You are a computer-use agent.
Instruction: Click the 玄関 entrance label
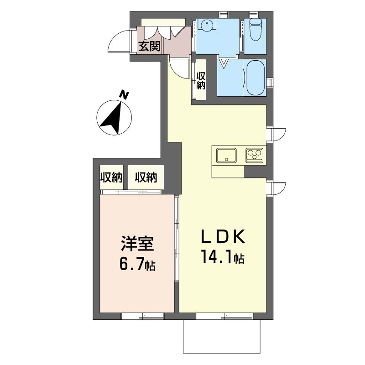[149, 47]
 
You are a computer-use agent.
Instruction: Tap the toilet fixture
[255, 30]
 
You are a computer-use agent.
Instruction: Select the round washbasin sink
[206, 25]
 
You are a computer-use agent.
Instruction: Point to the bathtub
[255, 78]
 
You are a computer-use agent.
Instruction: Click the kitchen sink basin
[226, 156]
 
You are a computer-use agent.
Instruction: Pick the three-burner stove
[255, 155]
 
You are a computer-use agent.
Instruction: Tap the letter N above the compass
[124, 95]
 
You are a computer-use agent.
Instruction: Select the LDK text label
[223, 236]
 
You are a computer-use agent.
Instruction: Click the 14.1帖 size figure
[223, 256]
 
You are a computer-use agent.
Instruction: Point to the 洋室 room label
[137, 244]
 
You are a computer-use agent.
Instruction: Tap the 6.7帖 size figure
[137, 264]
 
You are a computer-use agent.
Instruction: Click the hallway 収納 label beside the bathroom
[201, 81]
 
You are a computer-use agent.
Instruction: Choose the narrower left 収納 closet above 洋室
[111, 177]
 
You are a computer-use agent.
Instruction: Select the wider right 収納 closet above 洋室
[146, 177]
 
